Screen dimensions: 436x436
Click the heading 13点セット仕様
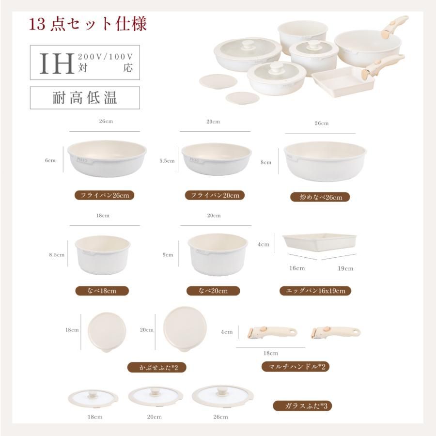(88, 24)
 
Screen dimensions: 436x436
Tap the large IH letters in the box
(57, 62)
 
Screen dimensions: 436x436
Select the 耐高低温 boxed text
(85, 98)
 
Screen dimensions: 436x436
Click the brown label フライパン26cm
(104, 195)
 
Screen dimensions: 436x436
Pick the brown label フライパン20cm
(215, 195)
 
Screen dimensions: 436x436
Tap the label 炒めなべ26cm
(320, 197)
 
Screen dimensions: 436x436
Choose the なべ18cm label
(102, 291)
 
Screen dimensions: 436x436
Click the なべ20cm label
(214, 291)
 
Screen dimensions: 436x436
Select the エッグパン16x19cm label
(315, 291)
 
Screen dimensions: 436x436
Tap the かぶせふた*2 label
(156, 368)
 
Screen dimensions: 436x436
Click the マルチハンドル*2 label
(295, 366)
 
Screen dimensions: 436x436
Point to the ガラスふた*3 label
(302, 406)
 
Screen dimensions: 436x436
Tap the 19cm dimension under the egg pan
(345, 268)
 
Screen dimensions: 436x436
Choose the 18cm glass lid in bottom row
(93, 397)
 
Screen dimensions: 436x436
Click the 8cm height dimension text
(265, 163)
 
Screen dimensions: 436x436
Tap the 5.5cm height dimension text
(167, 160)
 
